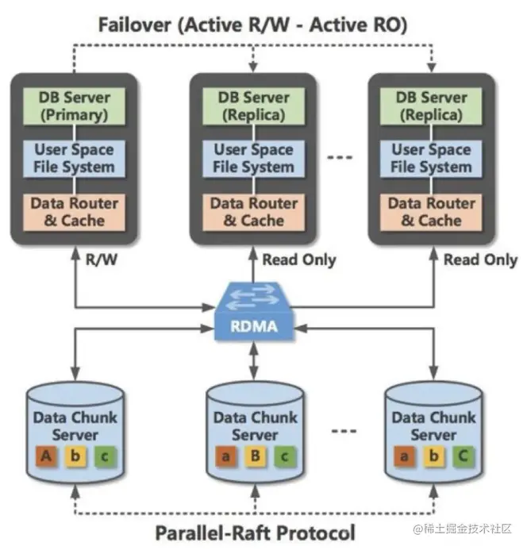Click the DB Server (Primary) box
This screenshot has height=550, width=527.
click(76, 106)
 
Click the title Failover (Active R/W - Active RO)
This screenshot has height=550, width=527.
click(252, 25)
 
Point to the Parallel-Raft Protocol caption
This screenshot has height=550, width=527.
click(253, 531)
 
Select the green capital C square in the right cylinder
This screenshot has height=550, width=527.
click(463, 456)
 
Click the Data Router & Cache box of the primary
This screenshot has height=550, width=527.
click(75, 211)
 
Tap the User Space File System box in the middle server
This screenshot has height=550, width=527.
click(253, 158)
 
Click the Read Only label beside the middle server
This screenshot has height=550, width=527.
click(299, 259)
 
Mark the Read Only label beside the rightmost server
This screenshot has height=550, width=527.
click(480, 259)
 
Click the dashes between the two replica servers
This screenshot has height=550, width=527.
click(340, 158)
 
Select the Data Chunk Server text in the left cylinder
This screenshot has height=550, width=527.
click(75, 426)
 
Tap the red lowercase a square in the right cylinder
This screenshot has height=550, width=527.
click(406, 456)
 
